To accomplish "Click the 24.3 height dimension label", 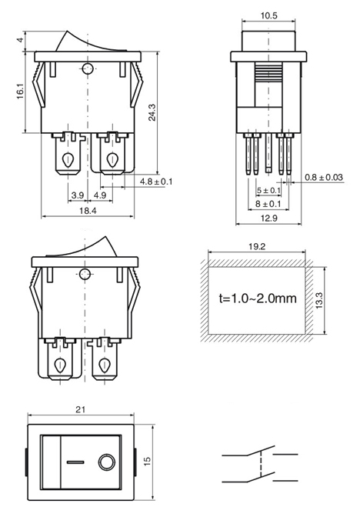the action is [x=152, y=112].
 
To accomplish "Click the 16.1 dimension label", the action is [x=20, y=91].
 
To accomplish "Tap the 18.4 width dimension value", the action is [x=88, y=211].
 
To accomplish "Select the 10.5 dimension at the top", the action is [x=269, y=16].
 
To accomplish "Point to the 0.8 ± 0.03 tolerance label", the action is [x=324, y=177].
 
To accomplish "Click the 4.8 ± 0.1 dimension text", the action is [x=156, y=182].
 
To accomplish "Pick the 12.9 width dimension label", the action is [x=269, y=218].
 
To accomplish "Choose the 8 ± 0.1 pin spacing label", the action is [x=268, y=204].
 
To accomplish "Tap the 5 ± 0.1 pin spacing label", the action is [x=268, y=191].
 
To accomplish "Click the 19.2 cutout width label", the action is [x=257, y=246].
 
